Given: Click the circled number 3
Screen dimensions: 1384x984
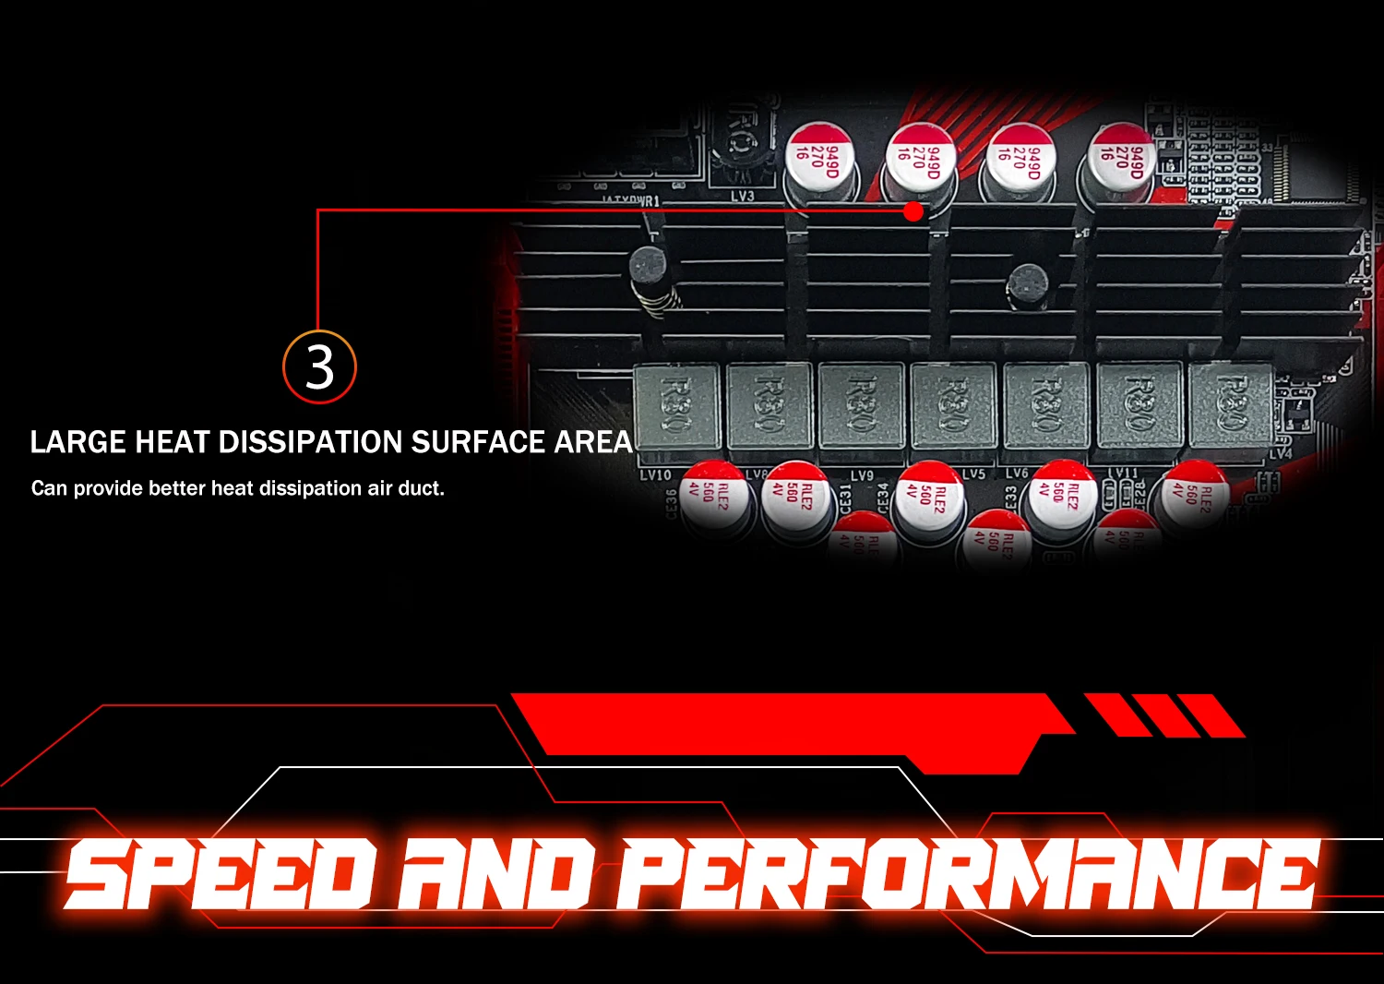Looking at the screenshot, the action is pyautogui.click(x=319, y=366).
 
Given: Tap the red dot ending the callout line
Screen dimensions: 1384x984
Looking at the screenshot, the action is pyautogui.click(x=913, y=211).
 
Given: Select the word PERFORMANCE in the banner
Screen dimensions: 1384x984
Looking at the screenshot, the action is pyautogui.click(x=969, y=873).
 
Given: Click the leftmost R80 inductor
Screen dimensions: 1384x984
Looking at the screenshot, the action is pyautogui.click(x=676, y=404).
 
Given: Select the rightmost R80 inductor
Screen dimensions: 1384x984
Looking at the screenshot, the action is pyautogui.click(x=1231, y=404).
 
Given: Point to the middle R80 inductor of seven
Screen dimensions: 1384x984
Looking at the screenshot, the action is pyautogui.click(x=953, y=404).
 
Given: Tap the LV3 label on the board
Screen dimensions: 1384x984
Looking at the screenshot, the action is pyautogui.click(x=742, y=196).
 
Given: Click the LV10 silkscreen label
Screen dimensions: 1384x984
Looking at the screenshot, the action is pyautogui.click(x=655, y=474).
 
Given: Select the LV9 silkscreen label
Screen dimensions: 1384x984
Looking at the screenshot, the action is pyautogui.click(x=861, y=475).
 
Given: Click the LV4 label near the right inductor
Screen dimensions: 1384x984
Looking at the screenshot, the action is pyautogui.click(x=1281, y=453).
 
